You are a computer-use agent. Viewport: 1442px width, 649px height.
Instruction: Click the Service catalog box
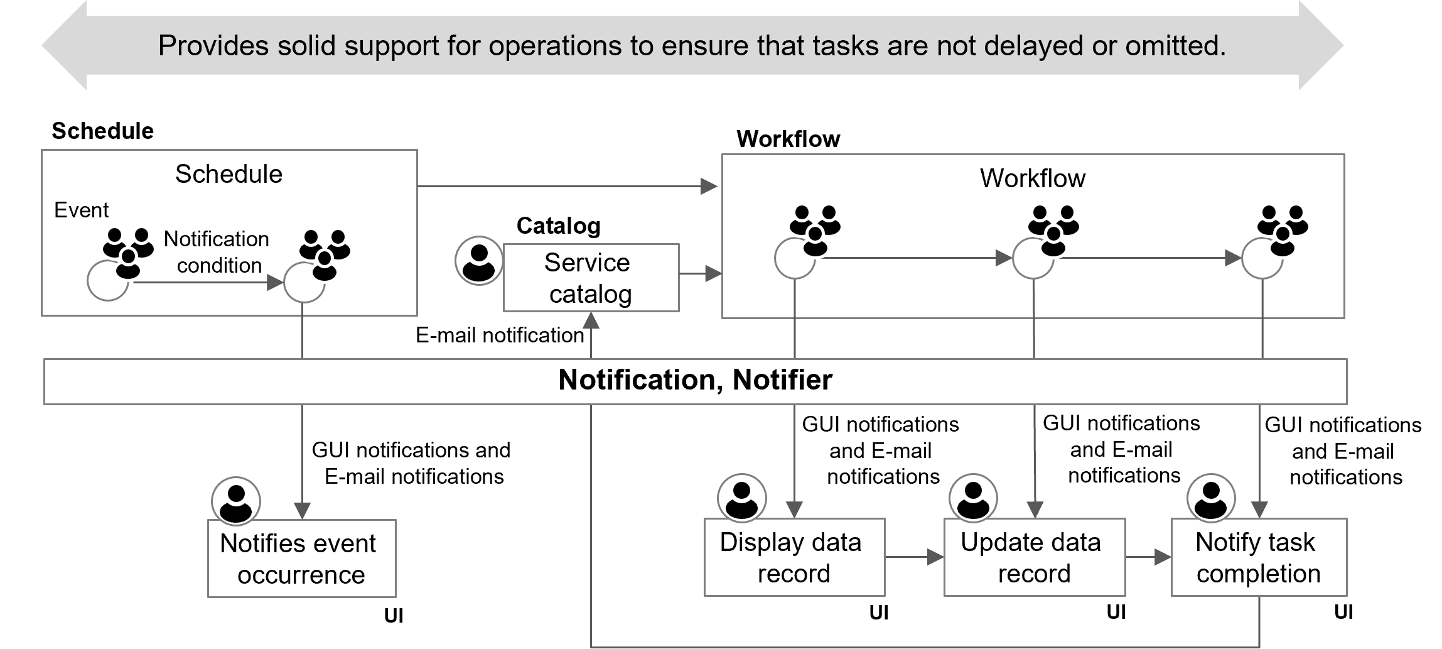590,278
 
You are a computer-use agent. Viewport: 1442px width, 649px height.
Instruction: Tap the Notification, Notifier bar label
695,380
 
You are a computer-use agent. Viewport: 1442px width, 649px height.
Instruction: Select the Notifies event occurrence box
301,559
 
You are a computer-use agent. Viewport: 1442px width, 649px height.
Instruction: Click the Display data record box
794,558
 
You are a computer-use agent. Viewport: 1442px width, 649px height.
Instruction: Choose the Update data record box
1033,558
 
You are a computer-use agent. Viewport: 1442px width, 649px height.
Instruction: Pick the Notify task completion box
1258,558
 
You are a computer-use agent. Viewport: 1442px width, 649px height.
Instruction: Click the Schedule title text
229,174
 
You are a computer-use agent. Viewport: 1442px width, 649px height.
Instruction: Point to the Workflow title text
1032,178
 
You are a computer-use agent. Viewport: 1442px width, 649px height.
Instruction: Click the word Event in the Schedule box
81,210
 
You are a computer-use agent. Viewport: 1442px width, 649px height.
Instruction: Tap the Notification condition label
217,252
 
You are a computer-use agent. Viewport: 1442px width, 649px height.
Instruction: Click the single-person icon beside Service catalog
479,261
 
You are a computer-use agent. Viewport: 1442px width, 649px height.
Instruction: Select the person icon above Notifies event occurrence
236,501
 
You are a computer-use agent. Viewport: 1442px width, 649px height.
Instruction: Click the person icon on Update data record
973,498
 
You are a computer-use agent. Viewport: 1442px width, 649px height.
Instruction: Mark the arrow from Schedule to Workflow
565,186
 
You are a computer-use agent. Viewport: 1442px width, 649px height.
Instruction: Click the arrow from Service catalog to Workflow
700,274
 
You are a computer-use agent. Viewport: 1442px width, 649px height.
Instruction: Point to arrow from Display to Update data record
913,557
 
